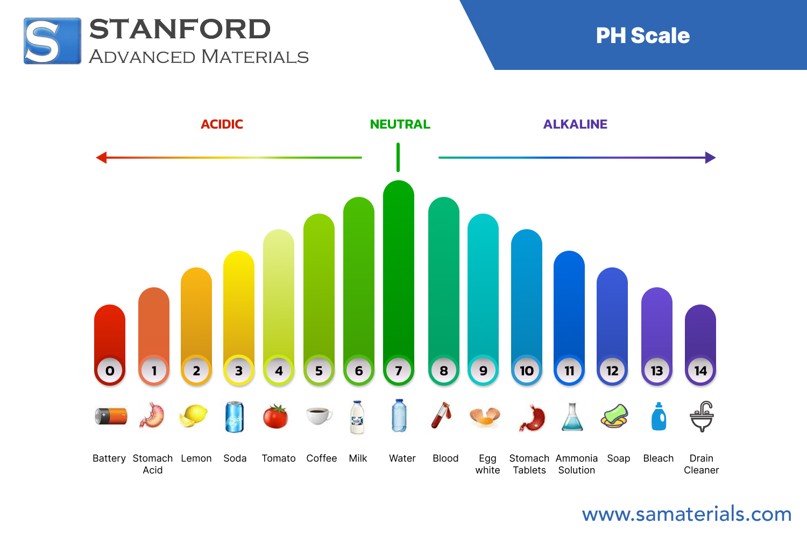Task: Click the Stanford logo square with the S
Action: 52,41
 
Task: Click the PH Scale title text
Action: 642,36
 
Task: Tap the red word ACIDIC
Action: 222,124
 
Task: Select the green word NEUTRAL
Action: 400,124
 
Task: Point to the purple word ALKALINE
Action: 575,124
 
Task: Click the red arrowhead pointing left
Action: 101,158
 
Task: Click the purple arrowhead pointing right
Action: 710,158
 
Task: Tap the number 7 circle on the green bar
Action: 399,371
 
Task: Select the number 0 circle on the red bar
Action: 110,371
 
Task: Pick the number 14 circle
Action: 700,371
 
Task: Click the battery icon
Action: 111,416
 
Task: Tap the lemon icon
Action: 194,416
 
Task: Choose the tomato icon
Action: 275,416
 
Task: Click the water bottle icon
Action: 399,416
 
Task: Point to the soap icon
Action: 614,416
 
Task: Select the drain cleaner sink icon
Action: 702,416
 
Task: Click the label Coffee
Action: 321,458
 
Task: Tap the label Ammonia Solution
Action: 576,464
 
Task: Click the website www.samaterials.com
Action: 686,514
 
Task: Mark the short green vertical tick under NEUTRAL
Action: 398,157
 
